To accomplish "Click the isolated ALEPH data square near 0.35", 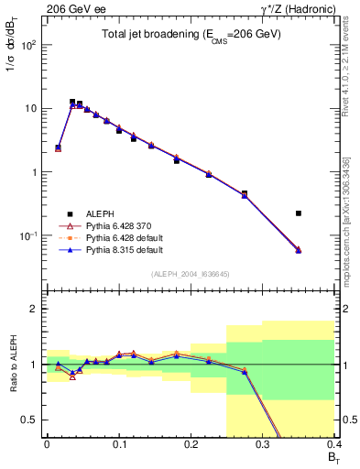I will point(299,213).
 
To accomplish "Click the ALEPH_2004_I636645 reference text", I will point(191,274).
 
